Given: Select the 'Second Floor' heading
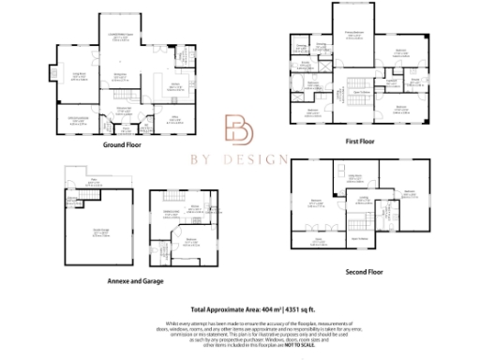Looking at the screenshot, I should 363,271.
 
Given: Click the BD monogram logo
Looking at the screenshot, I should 239,130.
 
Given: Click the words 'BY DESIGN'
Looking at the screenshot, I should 240,160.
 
